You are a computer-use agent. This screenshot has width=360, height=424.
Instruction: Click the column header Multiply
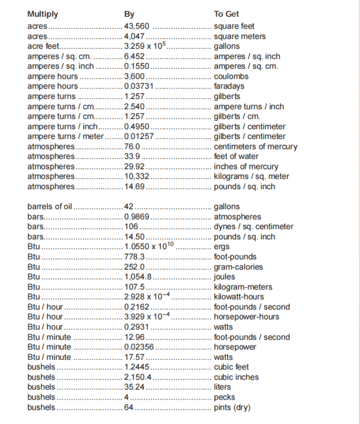(x=42, y=14)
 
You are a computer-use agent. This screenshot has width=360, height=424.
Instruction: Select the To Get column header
(x=226, y=14)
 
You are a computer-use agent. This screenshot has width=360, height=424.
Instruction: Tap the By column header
(x=129, y=14)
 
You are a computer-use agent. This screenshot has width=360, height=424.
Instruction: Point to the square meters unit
(x=240, y=36)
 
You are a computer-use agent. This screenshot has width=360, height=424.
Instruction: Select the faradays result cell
(x=230, y=86)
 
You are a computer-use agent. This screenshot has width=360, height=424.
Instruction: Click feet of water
(x=236, y=156)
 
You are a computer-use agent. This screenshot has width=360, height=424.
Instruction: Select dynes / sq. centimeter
(x=253, y=227)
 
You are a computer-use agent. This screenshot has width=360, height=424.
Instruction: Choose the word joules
(x=224, y=277)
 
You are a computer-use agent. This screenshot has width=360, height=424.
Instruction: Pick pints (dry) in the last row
(x=232, y=407)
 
